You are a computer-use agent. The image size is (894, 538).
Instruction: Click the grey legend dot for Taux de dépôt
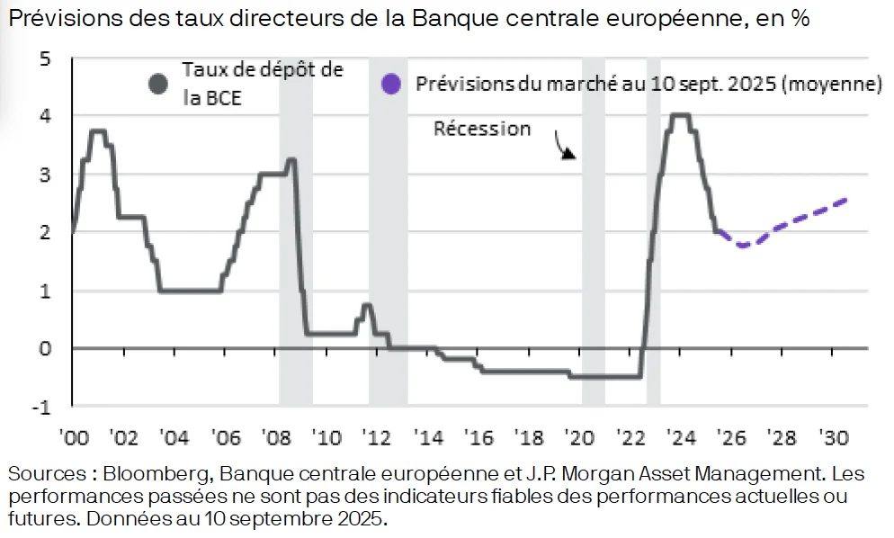pos(159,84)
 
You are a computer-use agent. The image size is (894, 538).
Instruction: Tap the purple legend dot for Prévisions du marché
pos(389,85)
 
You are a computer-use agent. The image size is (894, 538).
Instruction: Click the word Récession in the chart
pos(482,129)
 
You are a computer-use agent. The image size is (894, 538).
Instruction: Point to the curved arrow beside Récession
pos(564,147)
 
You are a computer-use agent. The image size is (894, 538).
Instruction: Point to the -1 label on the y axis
pos(42,407)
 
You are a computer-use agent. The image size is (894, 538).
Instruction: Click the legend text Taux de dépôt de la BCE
pos(262,84)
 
